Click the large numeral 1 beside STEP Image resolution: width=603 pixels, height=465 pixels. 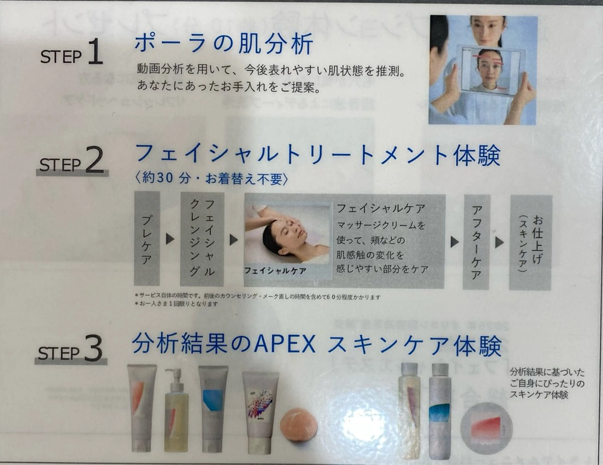click(x=95, y=52)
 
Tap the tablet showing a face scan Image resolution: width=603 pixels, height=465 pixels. click(x=490, y=70)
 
